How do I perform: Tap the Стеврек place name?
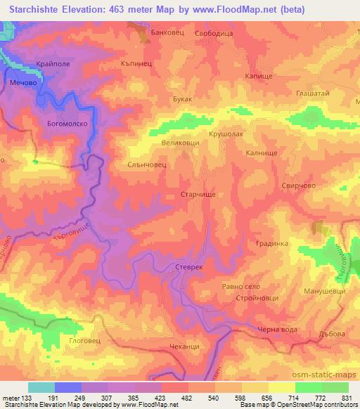pyautogui.click(x=189, y=268)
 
